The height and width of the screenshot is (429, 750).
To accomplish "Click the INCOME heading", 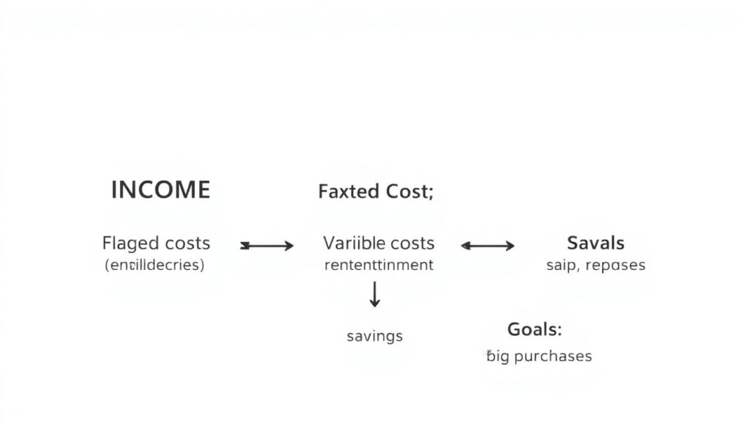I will (160, 190).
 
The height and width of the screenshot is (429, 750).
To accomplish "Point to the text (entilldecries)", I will (155, 265).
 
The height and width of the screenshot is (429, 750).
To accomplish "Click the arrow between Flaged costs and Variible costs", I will (267, 246).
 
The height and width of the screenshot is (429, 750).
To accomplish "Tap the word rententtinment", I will (379, 265).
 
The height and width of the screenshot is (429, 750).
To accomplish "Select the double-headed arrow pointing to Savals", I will (488, 246).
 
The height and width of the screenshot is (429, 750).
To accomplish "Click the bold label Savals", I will (595, 243).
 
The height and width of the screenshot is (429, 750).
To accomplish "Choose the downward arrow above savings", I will (375, 293).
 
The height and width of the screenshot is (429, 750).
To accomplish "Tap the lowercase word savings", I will (374, 337).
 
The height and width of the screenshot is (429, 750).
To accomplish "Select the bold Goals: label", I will (535, 329).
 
